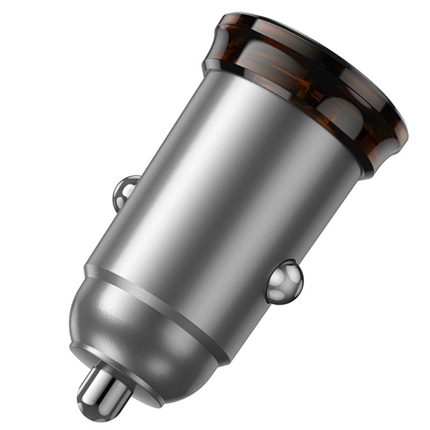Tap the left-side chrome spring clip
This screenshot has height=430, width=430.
pyautogui.click(x=125, y=191)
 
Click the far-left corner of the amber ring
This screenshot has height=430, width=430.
pyautogui.click(x=210, y=59)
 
